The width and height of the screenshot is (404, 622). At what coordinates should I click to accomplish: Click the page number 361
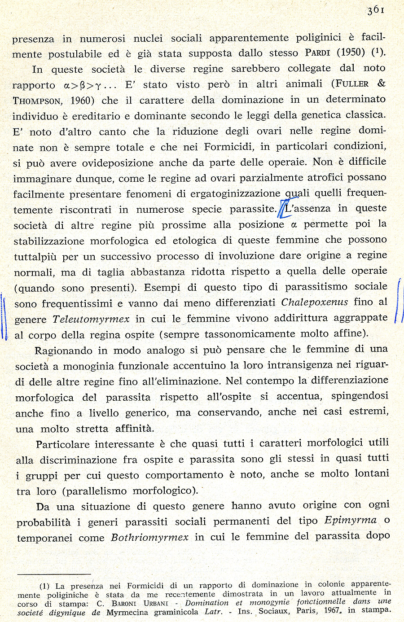(x=375, y=10)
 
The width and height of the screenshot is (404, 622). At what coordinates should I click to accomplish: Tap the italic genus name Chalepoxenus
(x=314, y=302)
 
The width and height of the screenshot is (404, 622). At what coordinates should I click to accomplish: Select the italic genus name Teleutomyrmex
(x=91, y=320)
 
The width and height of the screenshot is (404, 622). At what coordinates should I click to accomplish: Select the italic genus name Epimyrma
(x=350, y=521)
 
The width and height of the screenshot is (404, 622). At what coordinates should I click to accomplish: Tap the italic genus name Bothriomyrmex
(x=149, y=537)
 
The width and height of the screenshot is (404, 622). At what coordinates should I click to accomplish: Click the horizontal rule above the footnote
(x=54, y=574)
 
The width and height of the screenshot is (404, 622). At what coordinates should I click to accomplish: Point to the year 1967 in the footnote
(x=332, y=611)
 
